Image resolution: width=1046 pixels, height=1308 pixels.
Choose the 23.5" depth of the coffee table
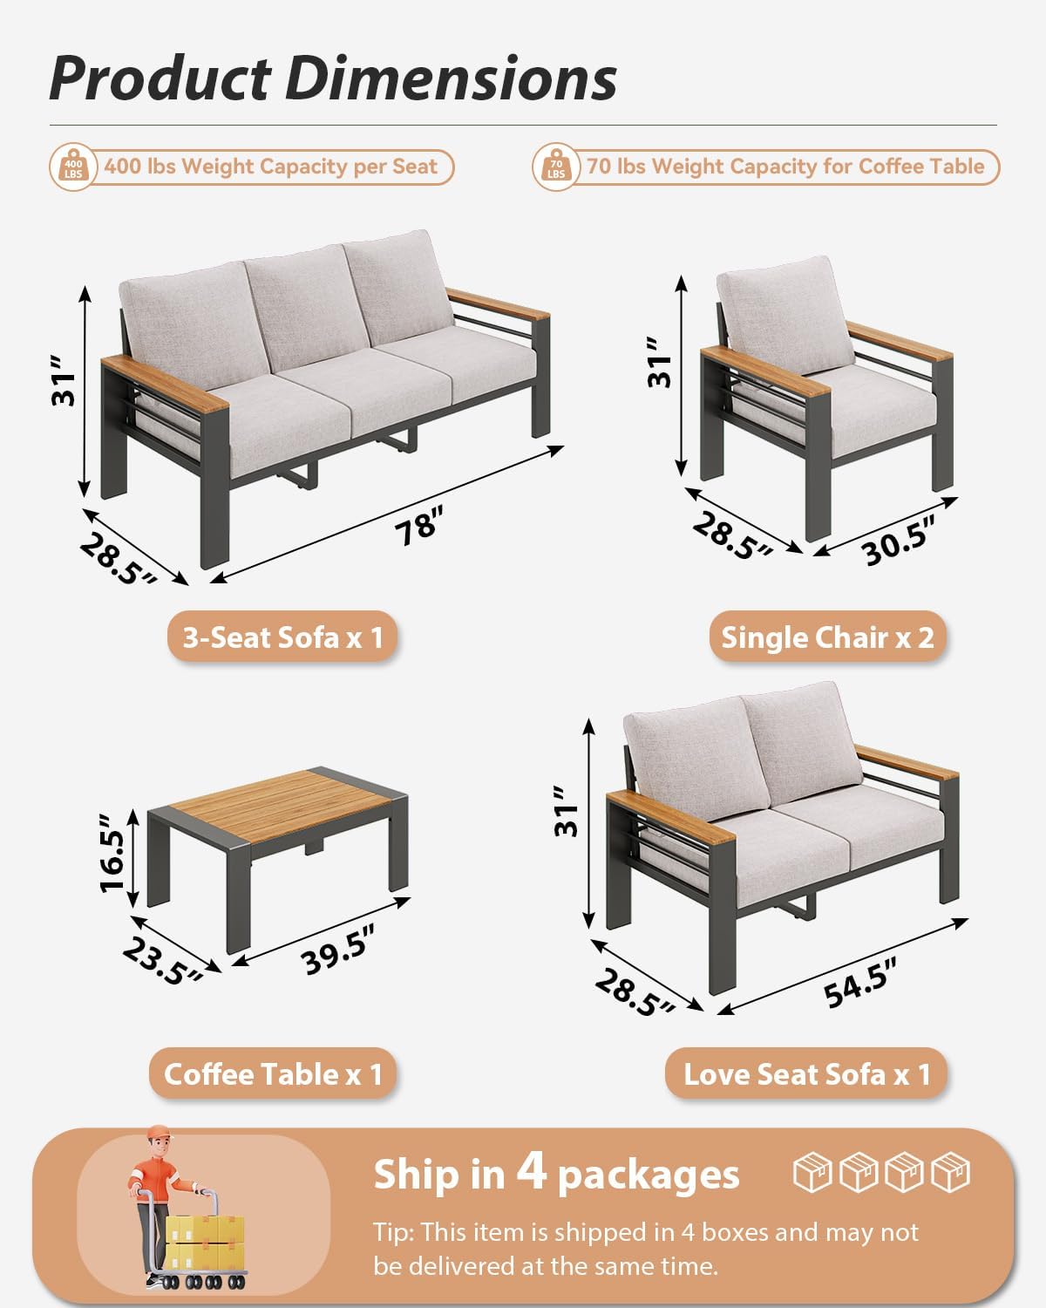[162, 961]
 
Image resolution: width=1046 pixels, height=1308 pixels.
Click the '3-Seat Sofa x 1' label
[282, 637]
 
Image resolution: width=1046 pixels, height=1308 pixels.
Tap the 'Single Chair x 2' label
[827, 637]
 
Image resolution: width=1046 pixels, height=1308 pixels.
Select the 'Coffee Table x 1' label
[273, 1073]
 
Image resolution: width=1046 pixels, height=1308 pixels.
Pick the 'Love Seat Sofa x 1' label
[806, 1073]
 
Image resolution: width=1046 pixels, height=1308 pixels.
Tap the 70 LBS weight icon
[556, 166]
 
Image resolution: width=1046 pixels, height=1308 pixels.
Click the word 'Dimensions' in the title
[451, 78]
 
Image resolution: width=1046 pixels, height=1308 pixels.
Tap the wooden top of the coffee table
[279, 803]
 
